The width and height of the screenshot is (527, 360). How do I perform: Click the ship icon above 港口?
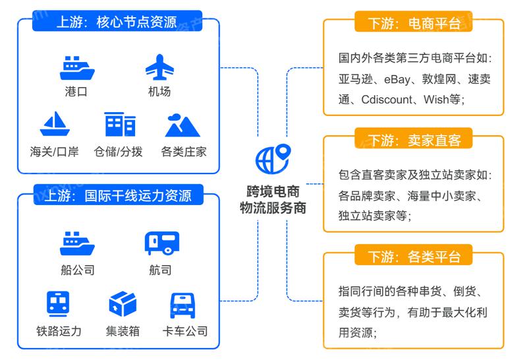pos(77,69)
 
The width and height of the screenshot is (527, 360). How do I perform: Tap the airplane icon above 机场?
pos(159,67)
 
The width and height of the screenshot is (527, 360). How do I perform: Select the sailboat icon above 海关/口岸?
pos(55,123)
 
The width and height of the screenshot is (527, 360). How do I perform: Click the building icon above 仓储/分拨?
pos(120,124)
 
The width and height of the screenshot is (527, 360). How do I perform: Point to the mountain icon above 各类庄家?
pos(182,125)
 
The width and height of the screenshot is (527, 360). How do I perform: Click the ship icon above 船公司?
pos(77,243)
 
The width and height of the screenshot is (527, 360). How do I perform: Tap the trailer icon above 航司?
pos(162,243)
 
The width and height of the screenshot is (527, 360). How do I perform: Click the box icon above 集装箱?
pos(123,304)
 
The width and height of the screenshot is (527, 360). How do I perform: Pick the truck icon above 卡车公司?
pos(183,305)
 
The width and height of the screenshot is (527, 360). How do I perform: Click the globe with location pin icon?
pos(273,159)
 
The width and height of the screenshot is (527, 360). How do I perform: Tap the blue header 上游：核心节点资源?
pos(117,21)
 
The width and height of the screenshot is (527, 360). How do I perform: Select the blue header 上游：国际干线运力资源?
pos(119,195)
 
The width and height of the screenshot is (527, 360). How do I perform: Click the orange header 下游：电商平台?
pos(414,22)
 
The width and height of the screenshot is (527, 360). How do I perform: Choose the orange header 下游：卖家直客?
pos(414,138)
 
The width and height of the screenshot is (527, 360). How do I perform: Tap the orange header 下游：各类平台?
pos(414,255)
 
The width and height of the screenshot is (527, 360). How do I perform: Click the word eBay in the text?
pos(397,79)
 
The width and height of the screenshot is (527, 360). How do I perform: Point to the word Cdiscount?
pos(387,100)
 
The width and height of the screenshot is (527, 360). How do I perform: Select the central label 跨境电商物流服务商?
pos(273,200)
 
